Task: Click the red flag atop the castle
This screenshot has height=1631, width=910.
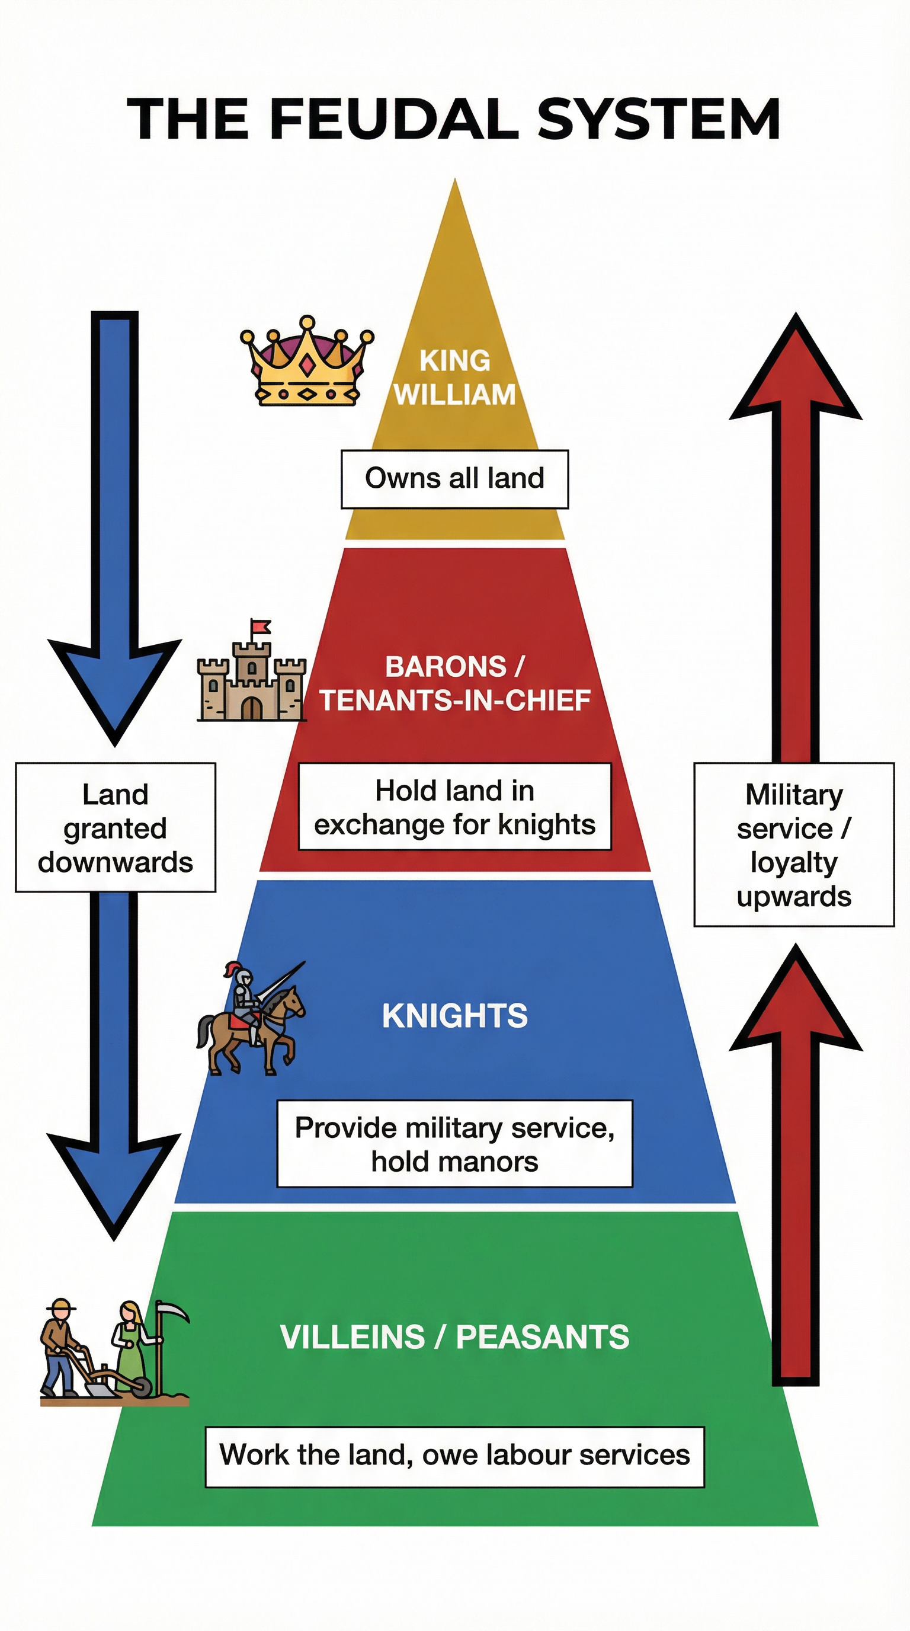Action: coord(261,627)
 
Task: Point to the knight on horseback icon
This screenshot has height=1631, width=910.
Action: coord(251,1019)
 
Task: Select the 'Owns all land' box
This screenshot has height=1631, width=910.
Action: coord(454,479)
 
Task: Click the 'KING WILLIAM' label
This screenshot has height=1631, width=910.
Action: coord(454,378)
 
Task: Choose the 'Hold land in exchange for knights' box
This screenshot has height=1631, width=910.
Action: coord(454,807)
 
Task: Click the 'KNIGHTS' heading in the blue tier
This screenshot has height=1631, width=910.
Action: coord(454,1016)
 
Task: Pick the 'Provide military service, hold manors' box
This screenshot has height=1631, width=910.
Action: coord(454,1144)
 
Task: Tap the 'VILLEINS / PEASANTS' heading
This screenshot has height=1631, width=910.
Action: coord(454,1337)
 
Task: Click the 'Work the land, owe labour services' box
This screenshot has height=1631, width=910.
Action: coord(454,1455)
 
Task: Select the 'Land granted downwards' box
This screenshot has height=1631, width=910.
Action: coord(115,827)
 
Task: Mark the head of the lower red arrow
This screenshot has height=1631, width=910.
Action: coord(796,1000)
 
